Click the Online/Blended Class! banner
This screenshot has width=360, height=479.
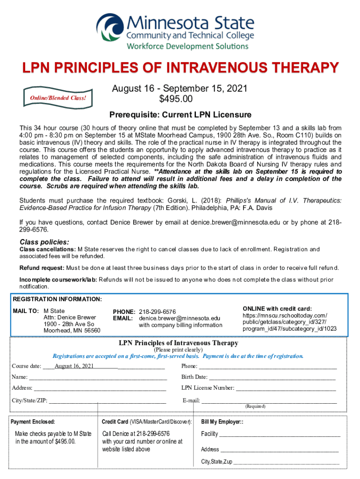click(x=58, y=98)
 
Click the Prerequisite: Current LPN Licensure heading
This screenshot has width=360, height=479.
click(x=180, y=115)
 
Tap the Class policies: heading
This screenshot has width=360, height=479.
click(x=44, y=242)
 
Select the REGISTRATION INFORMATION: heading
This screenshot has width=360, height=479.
click(x=57, y=299)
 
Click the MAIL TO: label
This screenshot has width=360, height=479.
click(x=26, y=311)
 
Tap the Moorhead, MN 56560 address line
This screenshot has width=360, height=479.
click(x=72, y=330)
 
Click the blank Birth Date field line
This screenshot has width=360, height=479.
click(x=272, y=377)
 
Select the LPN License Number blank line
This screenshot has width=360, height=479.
click(x=285, y=388)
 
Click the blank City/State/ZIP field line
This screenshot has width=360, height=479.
click(x=108, y=400)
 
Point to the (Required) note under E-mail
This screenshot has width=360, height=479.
click(x=255, y=406)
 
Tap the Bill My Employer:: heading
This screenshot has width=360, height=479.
click(x=222, y=422)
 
